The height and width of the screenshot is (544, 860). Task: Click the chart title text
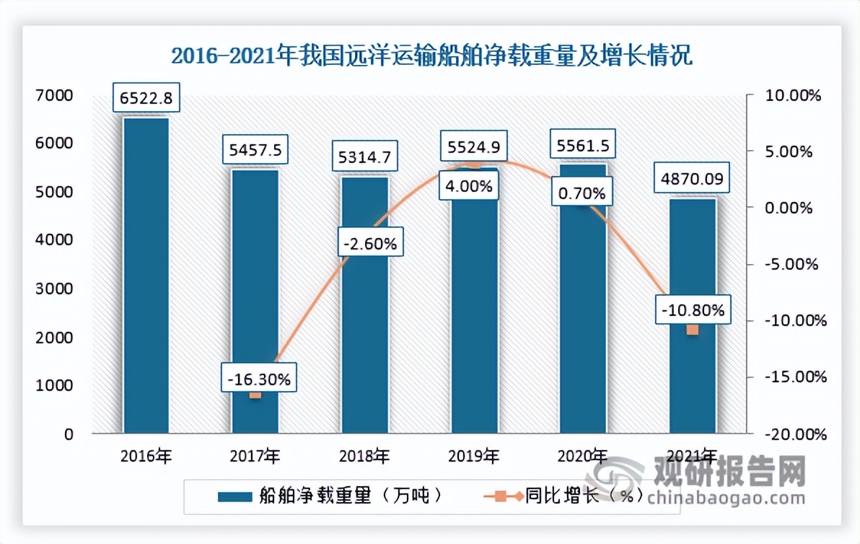pos(431,56)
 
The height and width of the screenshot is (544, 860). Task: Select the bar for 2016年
pos(146,274)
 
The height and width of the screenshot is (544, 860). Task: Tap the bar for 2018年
pos(365,303)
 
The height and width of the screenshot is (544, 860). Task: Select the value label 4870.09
pos(693,178)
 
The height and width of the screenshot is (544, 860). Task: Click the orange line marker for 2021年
pos(693,330)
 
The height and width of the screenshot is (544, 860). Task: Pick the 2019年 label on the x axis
pos(474,456)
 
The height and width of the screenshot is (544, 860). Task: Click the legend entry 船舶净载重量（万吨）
pos(328,496)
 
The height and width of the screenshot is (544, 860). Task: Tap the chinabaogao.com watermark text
pos(725,498)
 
